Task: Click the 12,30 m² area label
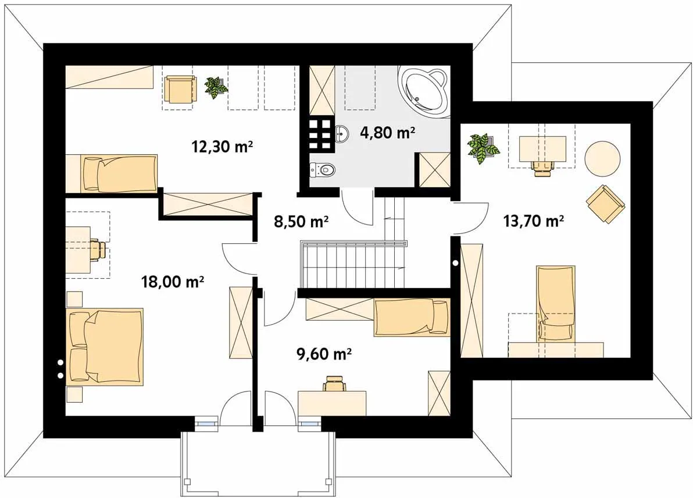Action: point(222,146)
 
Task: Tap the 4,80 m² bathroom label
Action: point(388,132)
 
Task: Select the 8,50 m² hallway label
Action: point(301,220)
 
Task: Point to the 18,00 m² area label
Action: point(172,281)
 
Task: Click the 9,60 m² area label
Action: point(324,354)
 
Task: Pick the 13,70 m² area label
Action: point(534,220)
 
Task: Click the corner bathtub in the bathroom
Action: point(424,91)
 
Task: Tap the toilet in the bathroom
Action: point(323,169)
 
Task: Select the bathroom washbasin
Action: point(342,134)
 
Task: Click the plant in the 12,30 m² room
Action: point(216,87)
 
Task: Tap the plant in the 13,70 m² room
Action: point(484,148)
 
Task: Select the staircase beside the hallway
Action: point(353,264)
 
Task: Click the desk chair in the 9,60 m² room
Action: point(334,383)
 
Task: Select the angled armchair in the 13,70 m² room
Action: point(605,204)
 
